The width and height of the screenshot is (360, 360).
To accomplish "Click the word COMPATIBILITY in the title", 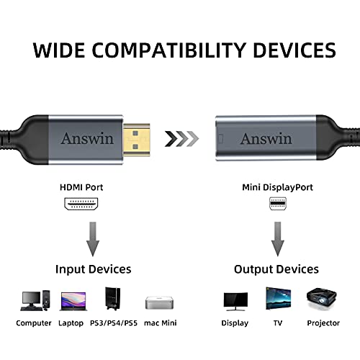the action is [x=168, y=50].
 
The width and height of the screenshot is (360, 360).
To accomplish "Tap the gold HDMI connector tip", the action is [x=137, y=140].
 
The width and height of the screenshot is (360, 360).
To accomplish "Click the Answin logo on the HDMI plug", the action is [x=87, y=138].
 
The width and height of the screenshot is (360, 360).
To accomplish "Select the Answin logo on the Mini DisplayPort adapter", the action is [x=266, y=138].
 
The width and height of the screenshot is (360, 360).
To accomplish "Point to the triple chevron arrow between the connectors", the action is [x=181, y=139].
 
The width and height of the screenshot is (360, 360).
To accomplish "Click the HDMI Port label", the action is [x=81, y=187].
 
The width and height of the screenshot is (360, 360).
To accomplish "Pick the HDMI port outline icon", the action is [x=81, y=204].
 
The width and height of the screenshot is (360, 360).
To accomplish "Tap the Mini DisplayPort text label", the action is [x=277, y=187].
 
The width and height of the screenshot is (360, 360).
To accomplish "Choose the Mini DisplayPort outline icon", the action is [x=278, y=204].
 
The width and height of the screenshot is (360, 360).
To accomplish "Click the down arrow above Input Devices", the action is [x=93, y=239].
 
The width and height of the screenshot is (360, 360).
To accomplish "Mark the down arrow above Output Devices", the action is [x=278, y=239].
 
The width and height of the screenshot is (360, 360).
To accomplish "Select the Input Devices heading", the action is [x=94, y=269].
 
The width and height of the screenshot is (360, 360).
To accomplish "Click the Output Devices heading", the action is [x=276, y=269].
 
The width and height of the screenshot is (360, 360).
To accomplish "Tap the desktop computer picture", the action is [x=35, y=301].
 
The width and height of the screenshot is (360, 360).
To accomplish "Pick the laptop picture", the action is [x=73, y=302].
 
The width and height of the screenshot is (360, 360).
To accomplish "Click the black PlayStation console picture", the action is [x=113, y=299].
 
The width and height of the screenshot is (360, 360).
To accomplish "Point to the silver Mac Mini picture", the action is [x=159, y=303].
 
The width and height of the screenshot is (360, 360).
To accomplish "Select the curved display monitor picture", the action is [x=235, y=302].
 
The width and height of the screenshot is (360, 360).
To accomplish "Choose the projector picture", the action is [x=322, y=299].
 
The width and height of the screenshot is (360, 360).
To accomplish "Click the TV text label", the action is [x=278, y=323].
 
